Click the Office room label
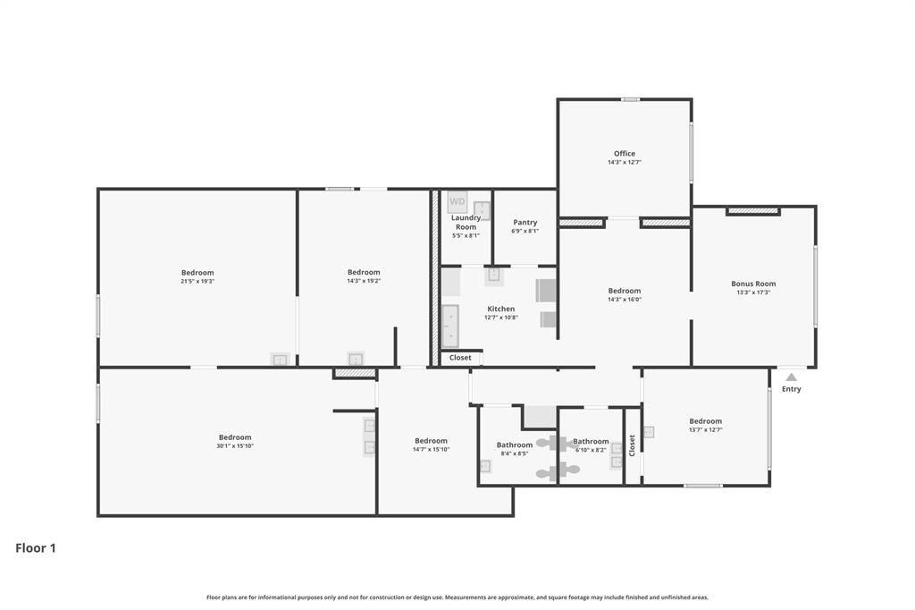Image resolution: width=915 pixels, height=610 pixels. click(x=624, y=154)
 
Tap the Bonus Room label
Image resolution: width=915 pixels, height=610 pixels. click(x=753, y=284)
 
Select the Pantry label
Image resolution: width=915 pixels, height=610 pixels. click(x=525, y=223)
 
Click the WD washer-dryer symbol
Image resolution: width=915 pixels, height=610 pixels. click(x=457, y=201)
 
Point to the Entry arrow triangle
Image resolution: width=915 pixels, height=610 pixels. click(x=791, y=377)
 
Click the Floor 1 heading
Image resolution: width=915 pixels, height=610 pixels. click(x=36, y=548)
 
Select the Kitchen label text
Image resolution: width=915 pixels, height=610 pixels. click(x=500, y=309)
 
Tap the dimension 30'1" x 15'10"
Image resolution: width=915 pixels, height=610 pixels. click(x=235, y=445)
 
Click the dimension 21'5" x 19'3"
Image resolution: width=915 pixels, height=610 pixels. click(x=197, y=281)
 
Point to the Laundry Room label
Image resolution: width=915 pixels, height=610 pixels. click(x=466, y=222)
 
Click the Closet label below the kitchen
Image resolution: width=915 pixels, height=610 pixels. click(x=460, y=358)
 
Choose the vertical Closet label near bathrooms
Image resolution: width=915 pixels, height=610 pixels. click(x=632, y=445)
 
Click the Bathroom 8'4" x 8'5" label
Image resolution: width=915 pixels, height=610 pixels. click(x=514, y=445)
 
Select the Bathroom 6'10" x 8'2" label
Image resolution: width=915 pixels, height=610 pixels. click(x=591, y=441)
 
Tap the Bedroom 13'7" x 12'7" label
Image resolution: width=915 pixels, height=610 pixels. click(x=705, y=421)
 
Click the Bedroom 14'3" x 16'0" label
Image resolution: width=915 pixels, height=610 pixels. click(x=624, y=291)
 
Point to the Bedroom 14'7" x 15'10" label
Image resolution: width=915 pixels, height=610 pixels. click(x=431, y=440)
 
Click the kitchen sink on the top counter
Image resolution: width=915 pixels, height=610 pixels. click(x=494, y=276)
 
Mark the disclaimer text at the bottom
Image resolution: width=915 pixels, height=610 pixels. click(x=457, y=597)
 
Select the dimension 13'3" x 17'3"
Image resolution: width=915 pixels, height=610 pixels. click(x=753, y=292)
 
